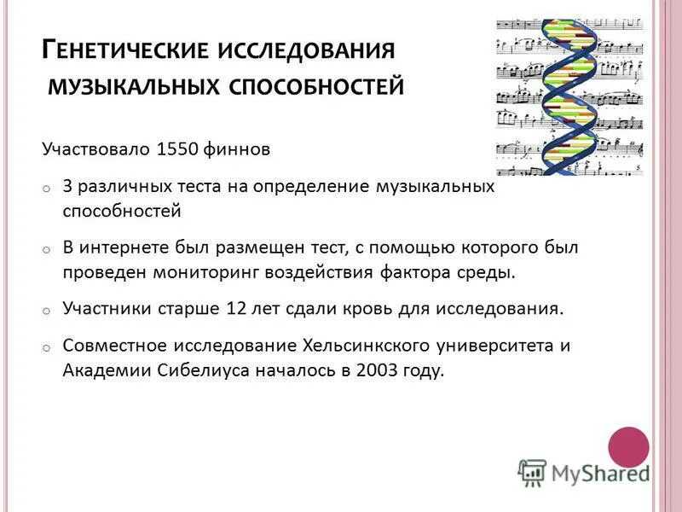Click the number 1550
click(177, 149)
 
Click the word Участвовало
click(96, 149)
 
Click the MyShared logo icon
click(532, 472)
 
